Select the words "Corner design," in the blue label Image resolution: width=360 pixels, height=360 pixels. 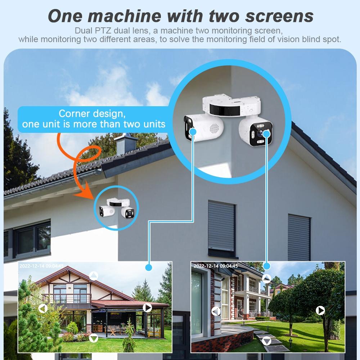coord(92,114)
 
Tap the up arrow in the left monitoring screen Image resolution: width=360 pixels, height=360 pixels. coord(94,276)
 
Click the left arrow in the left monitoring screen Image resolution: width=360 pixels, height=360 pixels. coord(43,309)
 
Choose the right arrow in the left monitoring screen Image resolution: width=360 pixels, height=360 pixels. coord(147,307)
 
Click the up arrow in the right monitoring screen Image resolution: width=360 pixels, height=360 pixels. coord(266,278)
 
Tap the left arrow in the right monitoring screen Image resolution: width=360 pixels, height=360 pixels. coord(216,311)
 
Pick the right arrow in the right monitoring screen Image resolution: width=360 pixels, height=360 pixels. coord(320,310)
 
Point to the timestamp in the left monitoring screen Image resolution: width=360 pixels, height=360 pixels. coord(41,266)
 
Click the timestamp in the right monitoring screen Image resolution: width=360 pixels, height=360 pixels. coord(216,266)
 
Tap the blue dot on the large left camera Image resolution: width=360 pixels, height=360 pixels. coord(193,132)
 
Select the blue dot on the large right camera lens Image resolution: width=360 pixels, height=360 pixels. coord(267,134)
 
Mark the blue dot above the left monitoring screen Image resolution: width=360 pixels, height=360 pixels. coord(149,267)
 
